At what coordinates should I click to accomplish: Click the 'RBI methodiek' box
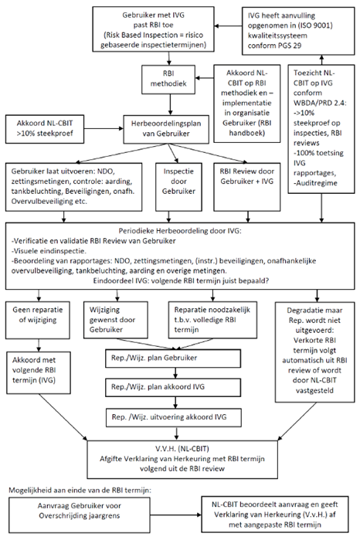pyautogui.click(x=168, y=80)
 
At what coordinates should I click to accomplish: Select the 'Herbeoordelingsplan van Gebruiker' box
pyautogui.click(x=166, y=129)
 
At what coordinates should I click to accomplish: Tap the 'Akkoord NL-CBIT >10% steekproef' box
pyautogui.click(x=45, y=129)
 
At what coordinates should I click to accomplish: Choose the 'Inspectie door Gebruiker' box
pyautogui.click(x=178, y=187)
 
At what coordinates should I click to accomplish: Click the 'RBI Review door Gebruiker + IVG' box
pyautogui.click(x=247, y=187)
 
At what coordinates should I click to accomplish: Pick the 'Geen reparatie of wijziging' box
pyautogui.click(x=38, y=320)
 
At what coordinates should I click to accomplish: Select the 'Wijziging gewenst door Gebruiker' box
pyautogui.click(x=116, y=320)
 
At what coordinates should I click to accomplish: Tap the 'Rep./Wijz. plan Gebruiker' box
pyautogui.click(x=173, y=358)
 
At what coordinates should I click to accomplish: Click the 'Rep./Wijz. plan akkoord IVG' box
pyautogui.click(x=173, y=388)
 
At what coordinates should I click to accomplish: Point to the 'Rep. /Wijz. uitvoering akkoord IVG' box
pyautogui.click(x=173, y=417)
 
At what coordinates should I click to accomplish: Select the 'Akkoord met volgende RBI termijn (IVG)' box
pyautogui.click(x=39, y=372)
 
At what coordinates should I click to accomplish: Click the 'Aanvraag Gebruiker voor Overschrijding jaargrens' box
pyautogui.click(x=80, y=515)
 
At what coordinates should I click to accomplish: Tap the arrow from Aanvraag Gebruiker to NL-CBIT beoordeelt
pyautogui.click(x=176, y=515)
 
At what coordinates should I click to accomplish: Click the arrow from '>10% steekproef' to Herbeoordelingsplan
pyautogui.click(x=104, y=129)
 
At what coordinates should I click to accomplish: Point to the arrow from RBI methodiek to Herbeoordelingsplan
pyautogui.click(x=169, y=104)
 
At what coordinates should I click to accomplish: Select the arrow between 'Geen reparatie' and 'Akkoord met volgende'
pyautogui.click(x=39, y=345)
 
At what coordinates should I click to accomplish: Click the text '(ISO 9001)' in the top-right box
pyautogui.click(x=315, y=25)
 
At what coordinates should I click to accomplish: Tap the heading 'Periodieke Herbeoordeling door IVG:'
pyautogui.click(x=180, y=231)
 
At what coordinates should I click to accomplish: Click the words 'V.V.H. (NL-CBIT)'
pyautogui.click(x=182, y=448)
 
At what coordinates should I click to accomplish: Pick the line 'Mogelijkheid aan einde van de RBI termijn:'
pyautogui.click(x=80, y=490)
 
